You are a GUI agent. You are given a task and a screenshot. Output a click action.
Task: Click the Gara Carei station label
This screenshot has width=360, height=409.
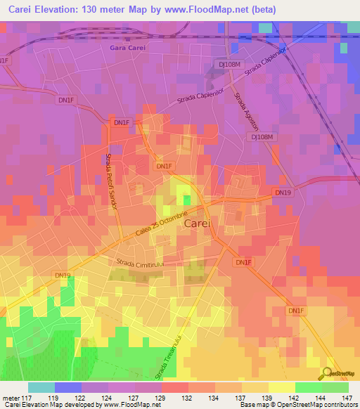[127, 48]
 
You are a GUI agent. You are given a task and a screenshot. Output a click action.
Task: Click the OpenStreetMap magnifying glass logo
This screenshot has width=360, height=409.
[326, 372]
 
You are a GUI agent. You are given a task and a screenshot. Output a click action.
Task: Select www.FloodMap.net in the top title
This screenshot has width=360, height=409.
[210, 10]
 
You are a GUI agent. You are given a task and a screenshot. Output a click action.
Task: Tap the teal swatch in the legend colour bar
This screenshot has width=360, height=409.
[41, 387]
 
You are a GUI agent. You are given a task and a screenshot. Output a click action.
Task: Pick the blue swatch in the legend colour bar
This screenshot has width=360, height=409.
[68, 387]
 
